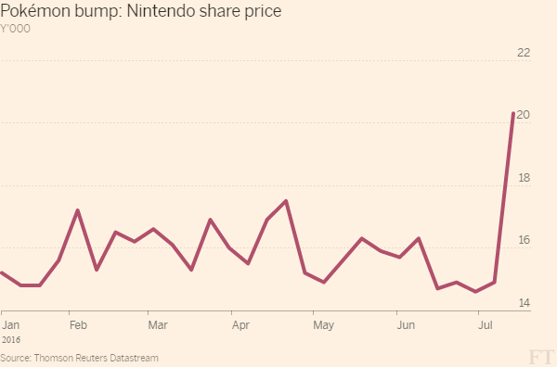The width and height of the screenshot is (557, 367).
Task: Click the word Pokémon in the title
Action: pos(35,10)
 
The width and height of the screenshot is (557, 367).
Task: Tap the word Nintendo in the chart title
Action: pos(161,10)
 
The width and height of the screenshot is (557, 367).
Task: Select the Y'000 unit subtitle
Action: pos(15,29)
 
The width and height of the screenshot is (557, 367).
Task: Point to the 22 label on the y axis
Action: pos(524,53)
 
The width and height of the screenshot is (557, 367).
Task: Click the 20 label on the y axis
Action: pos(524,115)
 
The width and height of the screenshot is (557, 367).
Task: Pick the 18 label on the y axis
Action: pos(525,178)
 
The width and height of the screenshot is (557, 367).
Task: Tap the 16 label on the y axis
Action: pos(525,240)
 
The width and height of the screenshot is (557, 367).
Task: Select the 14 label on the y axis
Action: pos(525,303)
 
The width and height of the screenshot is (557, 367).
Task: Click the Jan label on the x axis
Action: pos(10,324)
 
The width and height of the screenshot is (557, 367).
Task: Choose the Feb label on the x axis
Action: pos(78,324)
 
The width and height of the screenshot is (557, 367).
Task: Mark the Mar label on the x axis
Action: pos(158,324)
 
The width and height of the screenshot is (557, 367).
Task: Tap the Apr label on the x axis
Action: pos(240,325)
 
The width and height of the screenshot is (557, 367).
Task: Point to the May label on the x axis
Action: pos(324,325)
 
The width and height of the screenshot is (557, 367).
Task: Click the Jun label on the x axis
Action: pos(406,324)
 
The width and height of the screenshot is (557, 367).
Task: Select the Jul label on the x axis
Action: pos(486,324)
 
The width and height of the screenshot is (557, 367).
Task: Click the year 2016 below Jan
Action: pos(11,340)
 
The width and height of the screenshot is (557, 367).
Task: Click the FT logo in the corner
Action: pos(541,357)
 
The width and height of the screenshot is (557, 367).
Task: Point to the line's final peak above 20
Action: pos(513,113)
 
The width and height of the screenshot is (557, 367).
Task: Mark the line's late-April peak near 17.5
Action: pos(286,201)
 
